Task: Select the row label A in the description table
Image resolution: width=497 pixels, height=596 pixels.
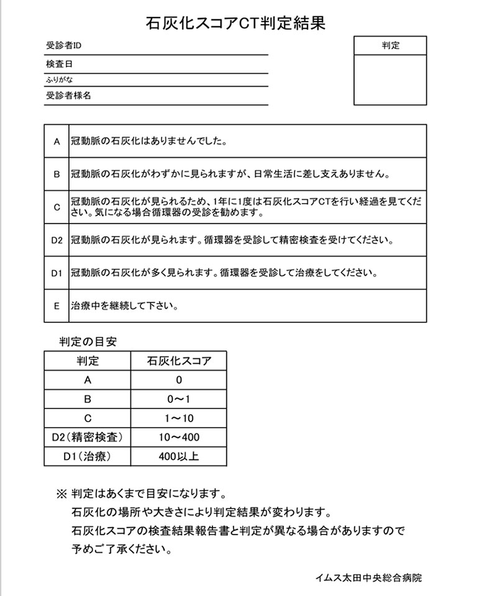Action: click(x=57, y=142)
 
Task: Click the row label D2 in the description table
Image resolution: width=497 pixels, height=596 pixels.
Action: click(x=57, y=240)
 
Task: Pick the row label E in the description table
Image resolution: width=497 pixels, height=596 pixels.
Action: click(x=57, y=305)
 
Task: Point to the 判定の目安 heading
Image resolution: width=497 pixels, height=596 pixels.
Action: click(x=88, y=341)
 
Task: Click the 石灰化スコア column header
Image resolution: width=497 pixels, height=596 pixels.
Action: click(x=179, y=361)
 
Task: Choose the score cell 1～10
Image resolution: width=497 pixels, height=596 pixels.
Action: click(x=179, y=418)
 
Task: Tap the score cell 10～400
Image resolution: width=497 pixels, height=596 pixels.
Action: click(x=179, y=438)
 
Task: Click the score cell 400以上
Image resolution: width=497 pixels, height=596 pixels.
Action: click(x=179, y=457)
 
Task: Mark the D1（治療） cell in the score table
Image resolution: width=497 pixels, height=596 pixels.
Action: click(x=88, y=457)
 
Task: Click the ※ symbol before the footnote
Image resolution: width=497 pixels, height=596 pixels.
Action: click(x=61, y=495)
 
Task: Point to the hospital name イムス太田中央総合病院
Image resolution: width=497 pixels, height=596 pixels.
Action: click(x=368, y=578)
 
